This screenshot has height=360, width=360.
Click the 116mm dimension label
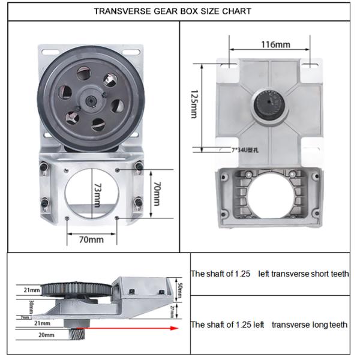(275, 44)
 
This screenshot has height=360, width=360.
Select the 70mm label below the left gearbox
(91, 239)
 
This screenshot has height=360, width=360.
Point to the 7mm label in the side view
(25, 317)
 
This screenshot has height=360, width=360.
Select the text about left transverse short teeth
(269, 274)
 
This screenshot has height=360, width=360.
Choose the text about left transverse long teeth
(269, 325)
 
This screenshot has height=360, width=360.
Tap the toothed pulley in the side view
(78, 290)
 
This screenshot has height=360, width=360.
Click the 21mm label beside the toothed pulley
(32, 290)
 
